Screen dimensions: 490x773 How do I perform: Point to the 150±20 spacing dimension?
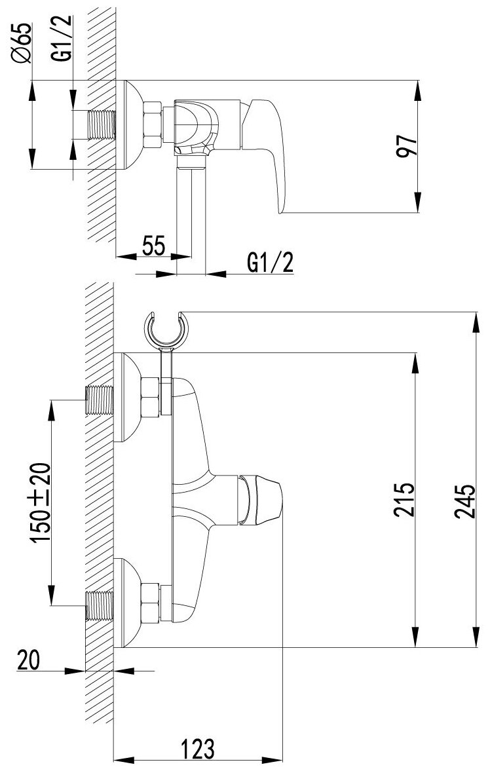(x=41, y=502)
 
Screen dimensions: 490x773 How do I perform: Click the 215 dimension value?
(x=404, y=500)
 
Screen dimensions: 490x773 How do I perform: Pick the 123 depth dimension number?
(x=197, y=747)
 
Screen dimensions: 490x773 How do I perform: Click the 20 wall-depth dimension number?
(x=29, y=660)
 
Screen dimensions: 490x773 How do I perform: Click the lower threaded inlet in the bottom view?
(x=100, y=603)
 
